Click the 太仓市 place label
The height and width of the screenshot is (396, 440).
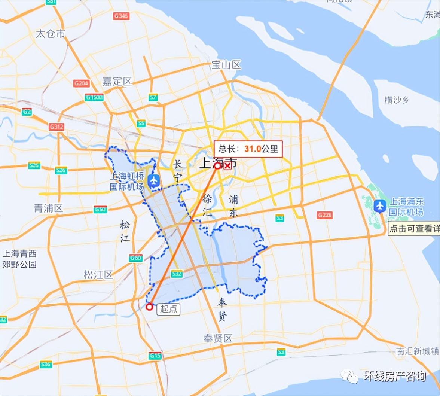tap(51, 34)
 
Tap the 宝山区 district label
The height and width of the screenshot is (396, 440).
tap(226, 65)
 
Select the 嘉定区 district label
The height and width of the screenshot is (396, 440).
tap(117, 82)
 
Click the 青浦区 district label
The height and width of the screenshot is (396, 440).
tap(49, 208)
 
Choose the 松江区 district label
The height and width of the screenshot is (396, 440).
tap(98, 275)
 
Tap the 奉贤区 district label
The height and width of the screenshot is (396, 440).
tap(218, 339)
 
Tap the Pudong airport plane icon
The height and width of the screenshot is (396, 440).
tap(380, 205)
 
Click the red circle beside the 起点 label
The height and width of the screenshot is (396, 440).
tap(149, 307)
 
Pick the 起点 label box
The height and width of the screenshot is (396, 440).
tap(168, 309)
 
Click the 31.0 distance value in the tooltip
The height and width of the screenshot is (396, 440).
tap(252, 149)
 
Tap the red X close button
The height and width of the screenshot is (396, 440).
tap(227, 166)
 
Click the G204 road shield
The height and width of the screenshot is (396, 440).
tap(81, 83)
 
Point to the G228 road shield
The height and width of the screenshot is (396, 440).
tap(324, 215)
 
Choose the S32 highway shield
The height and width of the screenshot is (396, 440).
tap(177, 274)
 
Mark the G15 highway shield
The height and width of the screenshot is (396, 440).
tap(155, 356)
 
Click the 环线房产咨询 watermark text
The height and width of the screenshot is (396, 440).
tap(394, 376)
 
